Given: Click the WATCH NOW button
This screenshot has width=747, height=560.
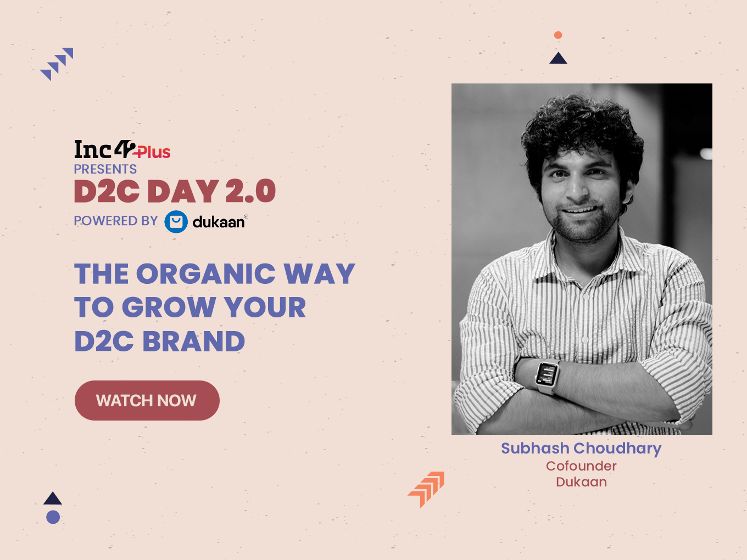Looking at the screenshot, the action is [147, 400].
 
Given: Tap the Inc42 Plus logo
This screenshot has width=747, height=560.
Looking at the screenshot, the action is [122, 149].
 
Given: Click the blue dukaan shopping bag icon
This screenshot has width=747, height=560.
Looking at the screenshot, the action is [176, 222].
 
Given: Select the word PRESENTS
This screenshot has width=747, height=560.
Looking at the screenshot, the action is [105, 169].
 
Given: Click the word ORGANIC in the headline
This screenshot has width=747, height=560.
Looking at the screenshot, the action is [205, 274].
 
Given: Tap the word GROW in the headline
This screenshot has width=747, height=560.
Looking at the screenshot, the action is [169, 307].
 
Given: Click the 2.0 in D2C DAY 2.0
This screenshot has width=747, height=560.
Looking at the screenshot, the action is [250, 191].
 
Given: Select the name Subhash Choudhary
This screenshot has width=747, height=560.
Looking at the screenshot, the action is [581, 449].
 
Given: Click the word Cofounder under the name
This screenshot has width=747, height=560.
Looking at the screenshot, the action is [581, 466].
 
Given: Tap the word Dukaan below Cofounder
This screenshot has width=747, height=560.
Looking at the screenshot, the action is [581, 482].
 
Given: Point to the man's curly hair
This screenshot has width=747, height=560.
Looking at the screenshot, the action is [582, 129].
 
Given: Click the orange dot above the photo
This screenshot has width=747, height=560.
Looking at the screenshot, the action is [558, 35].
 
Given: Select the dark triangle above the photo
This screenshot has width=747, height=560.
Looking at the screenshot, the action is [558, 58].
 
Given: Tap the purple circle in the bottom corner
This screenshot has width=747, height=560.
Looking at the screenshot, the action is [53, 517].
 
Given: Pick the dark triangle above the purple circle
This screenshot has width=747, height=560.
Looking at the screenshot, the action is [53, 499].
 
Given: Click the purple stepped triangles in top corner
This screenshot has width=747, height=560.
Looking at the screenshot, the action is [57, 64].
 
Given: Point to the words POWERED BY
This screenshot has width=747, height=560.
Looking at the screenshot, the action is [116, 221].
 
